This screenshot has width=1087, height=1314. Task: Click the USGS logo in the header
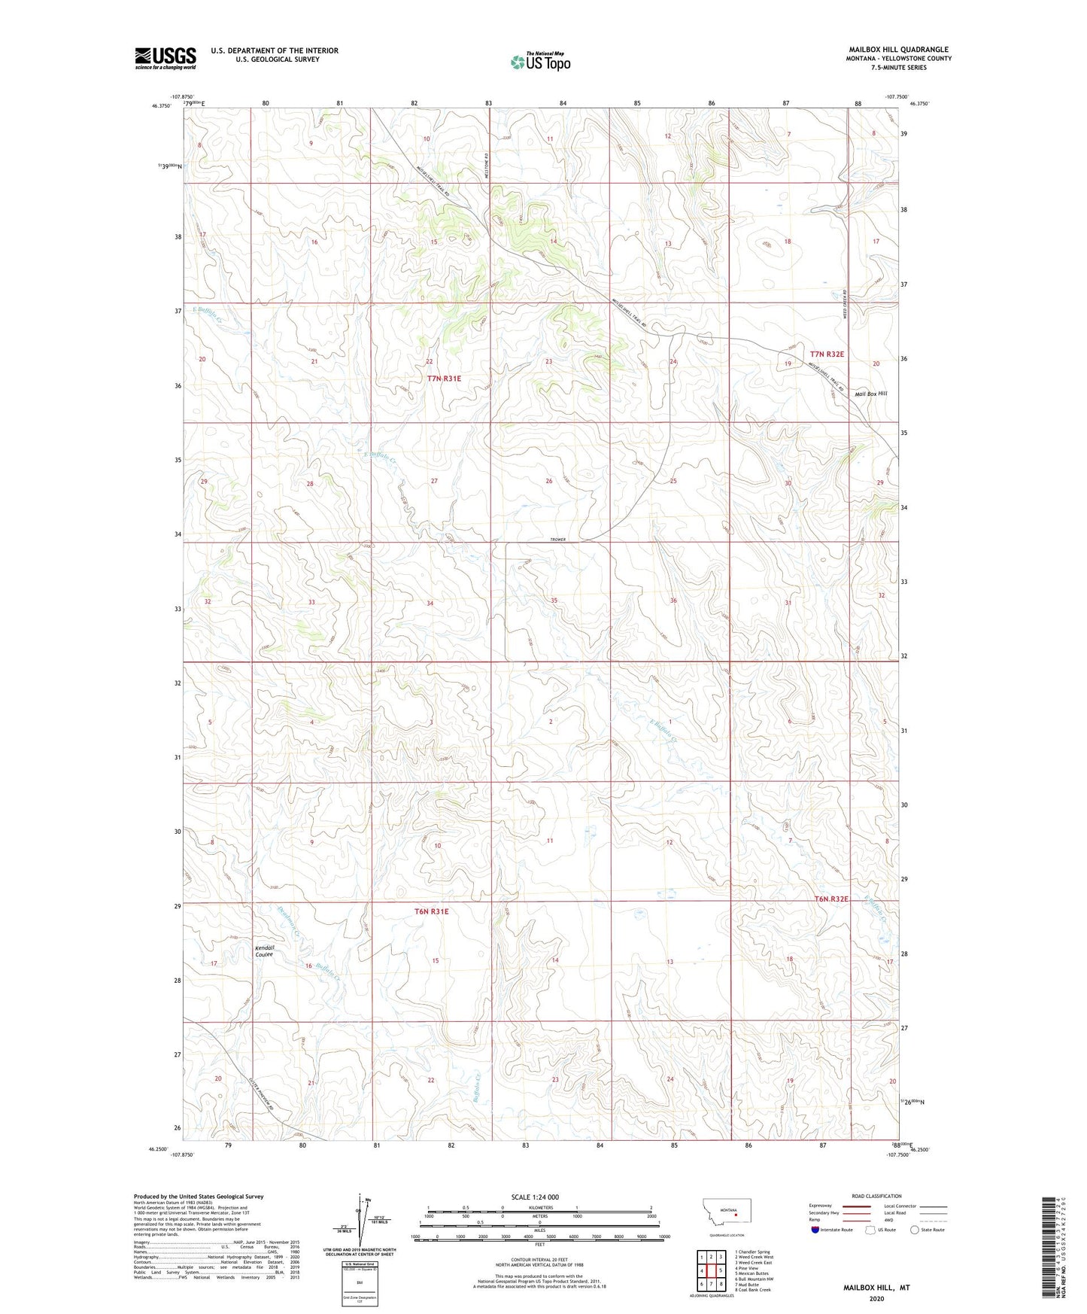pos(165,58)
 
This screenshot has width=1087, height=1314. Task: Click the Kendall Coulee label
pos(264,951)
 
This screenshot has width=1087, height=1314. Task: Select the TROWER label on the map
pos(557,540)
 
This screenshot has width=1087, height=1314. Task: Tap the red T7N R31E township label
pos(444,379)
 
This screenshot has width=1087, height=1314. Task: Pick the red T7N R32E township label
pos(827,354)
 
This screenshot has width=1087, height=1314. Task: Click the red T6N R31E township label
pos(431,911)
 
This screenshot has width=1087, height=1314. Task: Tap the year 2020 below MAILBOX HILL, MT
pos(876,1298)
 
